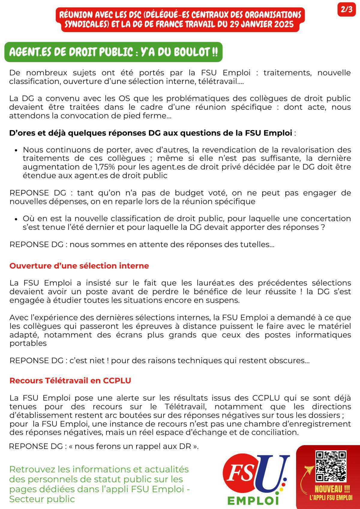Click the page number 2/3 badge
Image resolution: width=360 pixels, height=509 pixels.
(x=346, y=9)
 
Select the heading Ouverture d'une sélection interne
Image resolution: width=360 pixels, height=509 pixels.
(x=79, y=266)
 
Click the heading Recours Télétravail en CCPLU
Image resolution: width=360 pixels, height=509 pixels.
(x=70, y=381)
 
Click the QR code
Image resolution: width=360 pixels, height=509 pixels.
(x=331, y=466)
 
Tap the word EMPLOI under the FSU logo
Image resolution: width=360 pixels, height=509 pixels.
(x=253, y=500)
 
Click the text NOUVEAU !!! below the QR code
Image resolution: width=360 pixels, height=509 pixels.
(x=332, y=489)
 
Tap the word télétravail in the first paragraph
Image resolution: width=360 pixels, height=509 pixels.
(x=220, y=81)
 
